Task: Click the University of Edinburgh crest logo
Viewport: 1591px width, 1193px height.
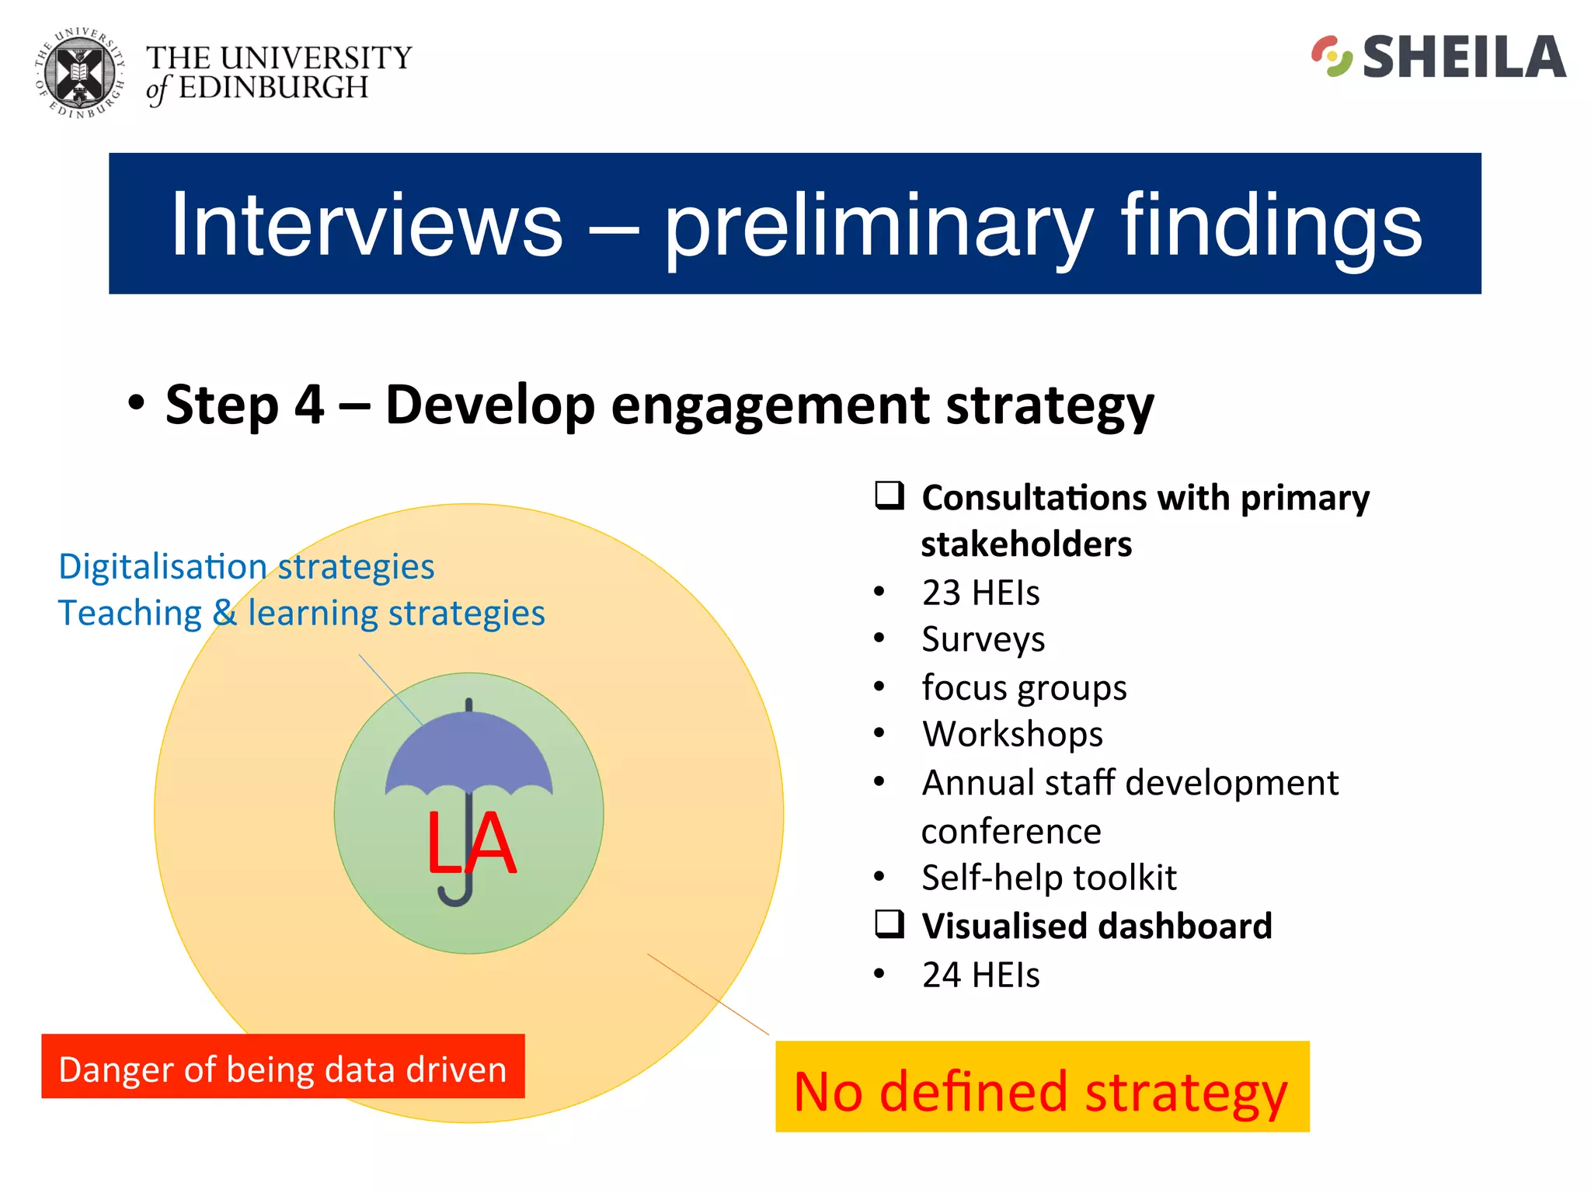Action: [79, 74]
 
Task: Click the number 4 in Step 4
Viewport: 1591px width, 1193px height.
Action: [309, 405]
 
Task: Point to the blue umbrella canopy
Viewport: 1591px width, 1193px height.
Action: [468, 753]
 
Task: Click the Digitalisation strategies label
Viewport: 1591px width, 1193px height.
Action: [246, 567]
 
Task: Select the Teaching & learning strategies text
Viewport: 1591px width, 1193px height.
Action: [301, 614]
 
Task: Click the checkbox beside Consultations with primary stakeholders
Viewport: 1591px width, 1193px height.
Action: [889, 496]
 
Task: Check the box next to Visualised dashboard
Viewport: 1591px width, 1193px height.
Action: [889, 924]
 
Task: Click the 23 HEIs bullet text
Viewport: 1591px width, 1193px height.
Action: [980, 593]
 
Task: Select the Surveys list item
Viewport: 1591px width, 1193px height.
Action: [983, 640]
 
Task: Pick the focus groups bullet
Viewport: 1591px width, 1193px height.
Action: [1023, 688]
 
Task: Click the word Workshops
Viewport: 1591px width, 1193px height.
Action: [1012, 735]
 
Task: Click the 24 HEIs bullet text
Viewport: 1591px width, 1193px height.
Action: [980, 976]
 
